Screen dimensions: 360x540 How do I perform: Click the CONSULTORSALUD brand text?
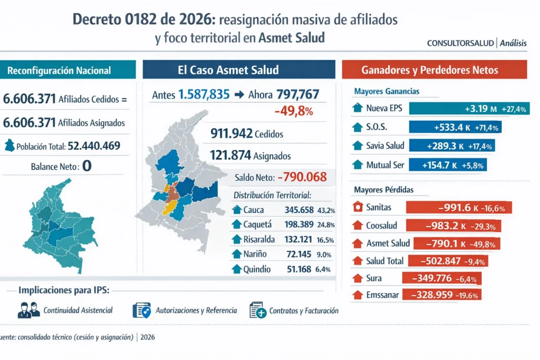click(460, 44)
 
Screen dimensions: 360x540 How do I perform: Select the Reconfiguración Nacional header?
click(59, 70)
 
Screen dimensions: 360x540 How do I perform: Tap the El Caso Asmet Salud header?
click(239, 70)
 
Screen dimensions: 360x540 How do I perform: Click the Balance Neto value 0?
click(87, 166)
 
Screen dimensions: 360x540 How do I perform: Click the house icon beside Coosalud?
click(358, 226)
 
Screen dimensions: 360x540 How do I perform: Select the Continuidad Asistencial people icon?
click(28, 310)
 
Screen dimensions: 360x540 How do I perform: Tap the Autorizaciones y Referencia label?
click(196, 311)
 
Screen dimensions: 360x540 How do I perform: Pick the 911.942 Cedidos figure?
click(246, 134)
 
